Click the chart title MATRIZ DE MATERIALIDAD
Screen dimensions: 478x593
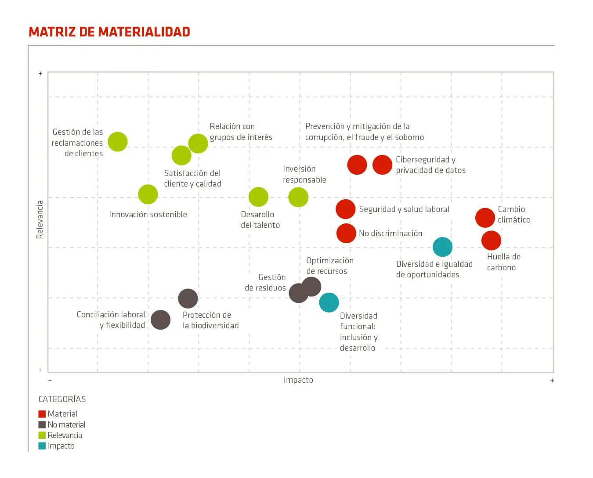click(x=109, y=32)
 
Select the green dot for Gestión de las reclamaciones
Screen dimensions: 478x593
click(x=118, y=142)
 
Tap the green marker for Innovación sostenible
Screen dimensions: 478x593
click(x=148, y=194)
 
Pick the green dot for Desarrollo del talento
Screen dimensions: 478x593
click(x=258, y=197)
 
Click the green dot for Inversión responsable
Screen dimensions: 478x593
click(x=298, y=197)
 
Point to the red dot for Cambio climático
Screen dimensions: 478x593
click(x=485, y=218)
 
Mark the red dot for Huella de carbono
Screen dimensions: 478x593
click(x=491, y=241)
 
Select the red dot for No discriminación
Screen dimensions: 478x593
click(x=346, y=234)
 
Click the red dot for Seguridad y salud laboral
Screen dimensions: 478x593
click(x=345, y=209)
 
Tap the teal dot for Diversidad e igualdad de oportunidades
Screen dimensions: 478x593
click(x=442, y=247)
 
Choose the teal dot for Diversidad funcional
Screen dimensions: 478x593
click(x=329, y=302)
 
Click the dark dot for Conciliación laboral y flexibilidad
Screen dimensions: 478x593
click(x=160, y=320)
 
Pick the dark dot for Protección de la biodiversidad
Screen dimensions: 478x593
click(x=188, y=298)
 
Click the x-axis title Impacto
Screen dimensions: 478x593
click(x=298, y=380)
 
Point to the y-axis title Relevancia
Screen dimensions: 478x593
click(x=40, y=219)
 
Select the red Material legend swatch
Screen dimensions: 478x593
click(x=42, y=414)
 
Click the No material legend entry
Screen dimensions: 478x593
click(x=66, y=425)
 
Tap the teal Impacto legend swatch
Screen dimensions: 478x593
click(x=42, y=446)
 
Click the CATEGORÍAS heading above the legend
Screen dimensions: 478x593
click(x=62, y=399)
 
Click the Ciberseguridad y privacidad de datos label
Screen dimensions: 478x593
click(x=430, y=165)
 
